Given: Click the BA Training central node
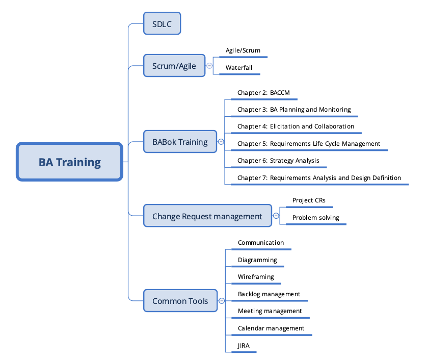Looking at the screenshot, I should pos(70,162).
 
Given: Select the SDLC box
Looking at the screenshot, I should pos(162,24).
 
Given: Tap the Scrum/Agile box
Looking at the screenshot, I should pos(174,66).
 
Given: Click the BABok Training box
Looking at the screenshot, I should pos(180,142).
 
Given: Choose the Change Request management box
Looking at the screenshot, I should pos(207,216).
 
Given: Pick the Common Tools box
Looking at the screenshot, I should pos(180,301).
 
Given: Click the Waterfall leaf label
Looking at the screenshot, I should pos(239,67).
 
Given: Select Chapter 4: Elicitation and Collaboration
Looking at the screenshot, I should pos(296,126).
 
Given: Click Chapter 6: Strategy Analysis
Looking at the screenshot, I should pos(278,161).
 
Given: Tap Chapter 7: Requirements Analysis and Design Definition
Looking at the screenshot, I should pos(319,178).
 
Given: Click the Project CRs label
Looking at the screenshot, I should pos(309,200).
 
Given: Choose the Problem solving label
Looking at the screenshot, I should pos(316,218).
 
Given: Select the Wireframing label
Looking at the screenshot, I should pos(256,277).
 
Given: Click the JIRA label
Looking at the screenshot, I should pos(244,345).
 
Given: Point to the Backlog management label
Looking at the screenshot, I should pos(269,294).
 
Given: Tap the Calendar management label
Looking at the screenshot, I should pos(271,328).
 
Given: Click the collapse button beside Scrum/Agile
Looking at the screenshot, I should pos(209,65).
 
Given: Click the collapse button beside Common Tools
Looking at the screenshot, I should pos(222,301).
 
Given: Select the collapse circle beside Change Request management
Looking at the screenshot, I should pos(276,216).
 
